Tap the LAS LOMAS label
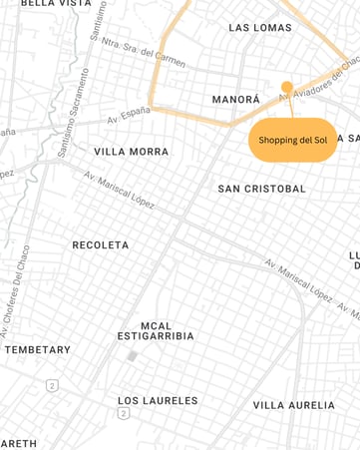260,28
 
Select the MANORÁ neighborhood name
235,100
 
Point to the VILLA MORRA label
132,152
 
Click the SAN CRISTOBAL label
262,189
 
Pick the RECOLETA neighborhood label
101,244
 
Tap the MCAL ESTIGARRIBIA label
156,330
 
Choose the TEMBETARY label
38,350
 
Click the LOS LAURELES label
158,401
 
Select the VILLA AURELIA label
294,405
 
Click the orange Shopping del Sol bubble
293,140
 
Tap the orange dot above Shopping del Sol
287,87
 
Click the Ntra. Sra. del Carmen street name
144,52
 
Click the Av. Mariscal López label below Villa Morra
119,188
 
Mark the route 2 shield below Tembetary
51,385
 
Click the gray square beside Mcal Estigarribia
132,356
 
